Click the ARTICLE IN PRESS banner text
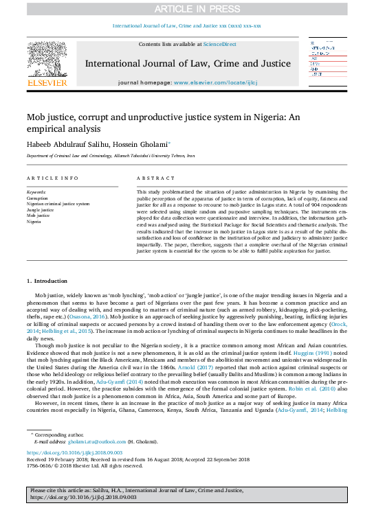[x=187, y=8]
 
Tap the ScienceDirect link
[x=220, y=44]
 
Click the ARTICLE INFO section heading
[x=51, y=178]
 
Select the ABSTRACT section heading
[x=151, y=178]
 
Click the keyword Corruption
[x=38, y=198]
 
